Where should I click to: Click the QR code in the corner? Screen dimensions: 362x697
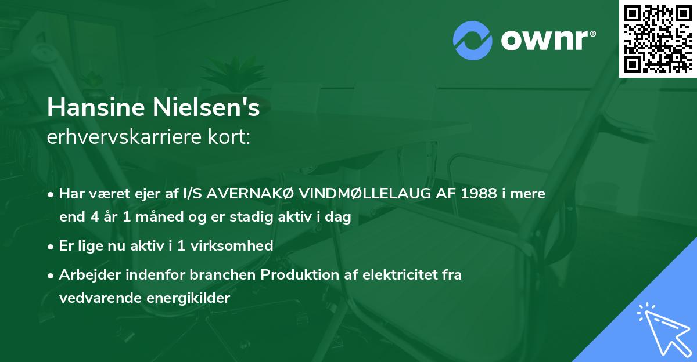point(658,38)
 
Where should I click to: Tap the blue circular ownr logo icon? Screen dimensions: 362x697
point(472,40)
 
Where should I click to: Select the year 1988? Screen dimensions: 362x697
point(476,194)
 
